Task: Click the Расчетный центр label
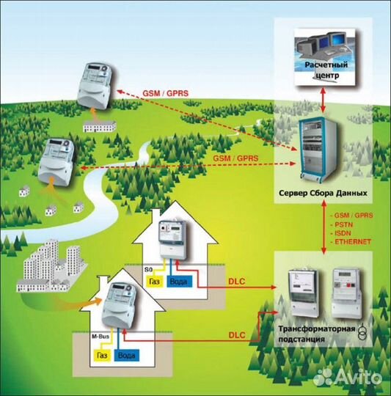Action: click(326, 70)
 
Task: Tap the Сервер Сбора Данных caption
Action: click(323, 193)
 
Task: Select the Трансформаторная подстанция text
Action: click(317, 334)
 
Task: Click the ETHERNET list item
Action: click(353, 242)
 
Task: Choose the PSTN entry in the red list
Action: click(343, 224)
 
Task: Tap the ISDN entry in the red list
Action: click(343, 233)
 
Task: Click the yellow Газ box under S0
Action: click(155, 282)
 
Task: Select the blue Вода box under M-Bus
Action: click(126, 356)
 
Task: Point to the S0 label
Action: click(148, 270)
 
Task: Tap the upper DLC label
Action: click(237, 282)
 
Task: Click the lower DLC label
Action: click(237, 335)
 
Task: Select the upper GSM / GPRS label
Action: click(166, 93)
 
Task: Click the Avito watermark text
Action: click(358, 378)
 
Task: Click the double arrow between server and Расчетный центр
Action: click(323, 100)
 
